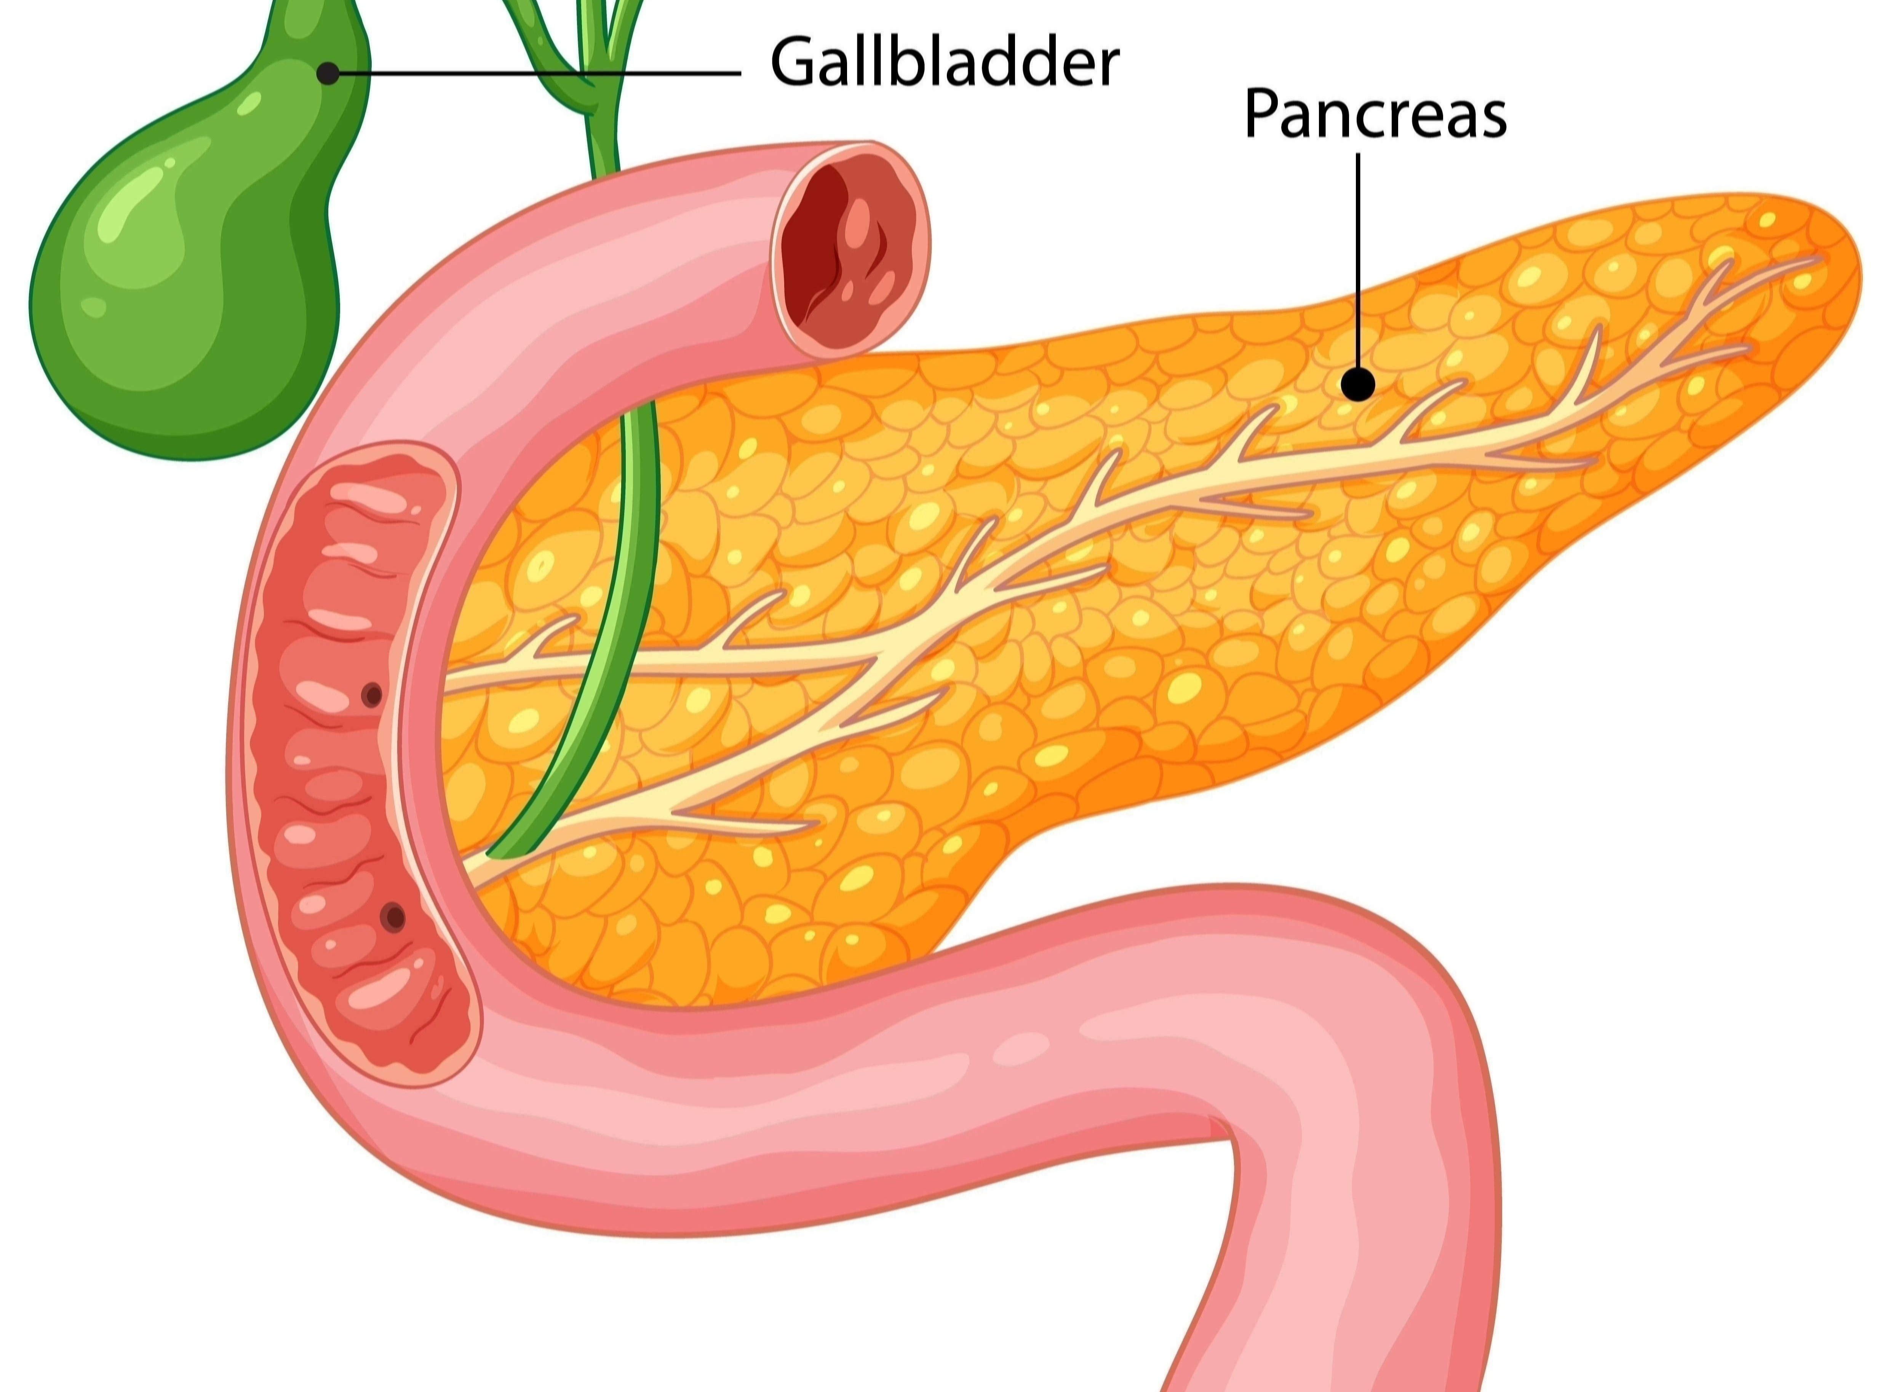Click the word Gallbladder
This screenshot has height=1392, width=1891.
click(x=945, y=62)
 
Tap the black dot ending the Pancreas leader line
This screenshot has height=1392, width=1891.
click(x=1357, y=386)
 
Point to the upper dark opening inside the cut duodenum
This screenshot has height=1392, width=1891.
click(x=372, y=695)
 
